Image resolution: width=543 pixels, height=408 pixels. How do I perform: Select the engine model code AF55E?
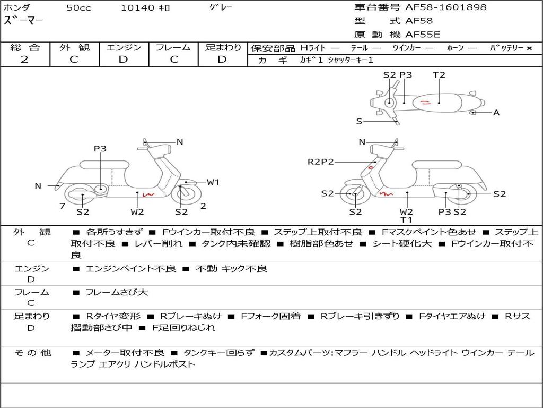(423, 35)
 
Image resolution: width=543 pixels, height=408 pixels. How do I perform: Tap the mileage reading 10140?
(137, 8)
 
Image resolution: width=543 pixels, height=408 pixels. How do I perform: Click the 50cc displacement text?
(77, 8)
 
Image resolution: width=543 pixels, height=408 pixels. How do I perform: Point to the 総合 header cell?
(25, 48)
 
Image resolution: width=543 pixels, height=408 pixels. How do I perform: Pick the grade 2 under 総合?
(24, 59)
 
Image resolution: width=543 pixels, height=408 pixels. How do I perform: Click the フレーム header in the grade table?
(173, 48)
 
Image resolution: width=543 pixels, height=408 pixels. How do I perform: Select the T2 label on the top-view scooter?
(439, 75)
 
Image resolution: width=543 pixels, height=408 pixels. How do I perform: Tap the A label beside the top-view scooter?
(496, 113)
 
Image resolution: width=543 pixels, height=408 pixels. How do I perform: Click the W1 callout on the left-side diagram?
(213, 182)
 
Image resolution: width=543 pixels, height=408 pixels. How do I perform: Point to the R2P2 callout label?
(321, 162)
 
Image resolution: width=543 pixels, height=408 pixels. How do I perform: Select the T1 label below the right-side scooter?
(407, 219)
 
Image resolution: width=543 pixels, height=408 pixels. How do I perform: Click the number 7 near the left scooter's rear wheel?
(62, 206)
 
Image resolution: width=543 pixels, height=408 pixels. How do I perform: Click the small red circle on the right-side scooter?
(371, 167)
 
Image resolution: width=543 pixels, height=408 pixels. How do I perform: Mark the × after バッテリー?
(529, 48)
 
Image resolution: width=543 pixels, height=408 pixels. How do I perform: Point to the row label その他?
(32, 352)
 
